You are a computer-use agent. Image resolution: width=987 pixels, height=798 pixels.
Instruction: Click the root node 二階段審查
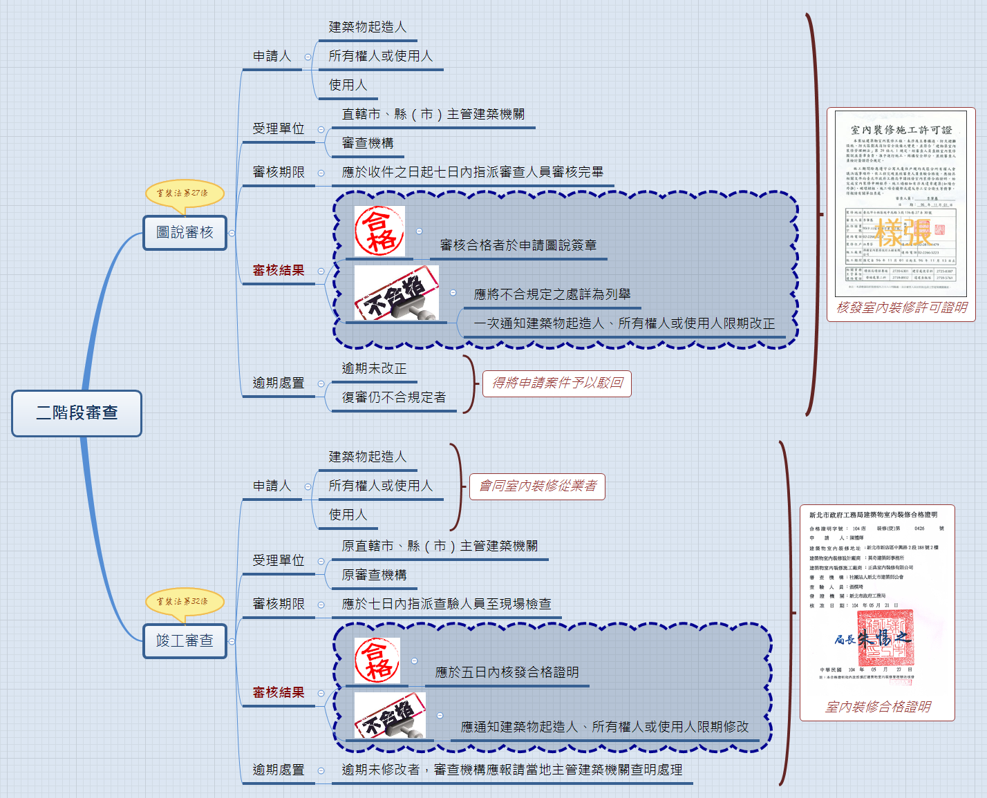pos(77,413)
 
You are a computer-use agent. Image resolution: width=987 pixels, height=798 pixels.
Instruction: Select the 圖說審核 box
pos(185,233)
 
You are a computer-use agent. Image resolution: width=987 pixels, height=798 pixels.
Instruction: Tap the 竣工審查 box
pos(185,641)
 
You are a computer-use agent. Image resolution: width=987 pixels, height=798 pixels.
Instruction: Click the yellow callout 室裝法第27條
pos(185,193)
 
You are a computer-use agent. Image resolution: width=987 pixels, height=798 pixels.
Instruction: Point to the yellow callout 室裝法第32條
pos(185,602)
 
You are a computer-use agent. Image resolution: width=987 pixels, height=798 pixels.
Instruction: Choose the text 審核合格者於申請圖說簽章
pos(518,245)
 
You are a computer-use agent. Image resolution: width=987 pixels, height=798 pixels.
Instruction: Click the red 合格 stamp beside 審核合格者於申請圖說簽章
pos(379,231)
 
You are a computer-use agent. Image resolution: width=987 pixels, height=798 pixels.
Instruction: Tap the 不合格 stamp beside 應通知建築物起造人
pos(390,715)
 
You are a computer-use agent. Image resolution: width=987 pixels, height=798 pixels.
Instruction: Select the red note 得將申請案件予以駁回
pos(557,383)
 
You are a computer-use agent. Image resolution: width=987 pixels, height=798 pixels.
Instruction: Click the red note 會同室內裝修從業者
pos(538,486)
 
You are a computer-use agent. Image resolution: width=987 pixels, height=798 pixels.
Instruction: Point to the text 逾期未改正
pos(374,369)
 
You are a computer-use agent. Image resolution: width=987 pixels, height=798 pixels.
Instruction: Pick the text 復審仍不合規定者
pos(393,398)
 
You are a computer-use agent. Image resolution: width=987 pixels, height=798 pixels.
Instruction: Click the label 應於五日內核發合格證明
pos(507,672)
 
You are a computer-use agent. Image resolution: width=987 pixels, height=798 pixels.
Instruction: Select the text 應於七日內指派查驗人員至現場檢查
pos(446,604)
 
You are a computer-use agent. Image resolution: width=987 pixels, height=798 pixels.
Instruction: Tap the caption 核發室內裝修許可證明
pos(901,307)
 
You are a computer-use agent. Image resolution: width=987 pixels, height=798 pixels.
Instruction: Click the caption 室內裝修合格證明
pos(878,707)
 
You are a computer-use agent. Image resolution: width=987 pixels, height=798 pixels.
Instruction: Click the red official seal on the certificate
pos(885,637)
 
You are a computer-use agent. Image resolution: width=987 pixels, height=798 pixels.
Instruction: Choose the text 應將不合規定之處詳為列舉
pos(552,294)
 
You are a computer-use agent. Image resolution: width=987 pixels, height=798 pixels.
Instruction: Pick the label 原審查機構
pos(374,575)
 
